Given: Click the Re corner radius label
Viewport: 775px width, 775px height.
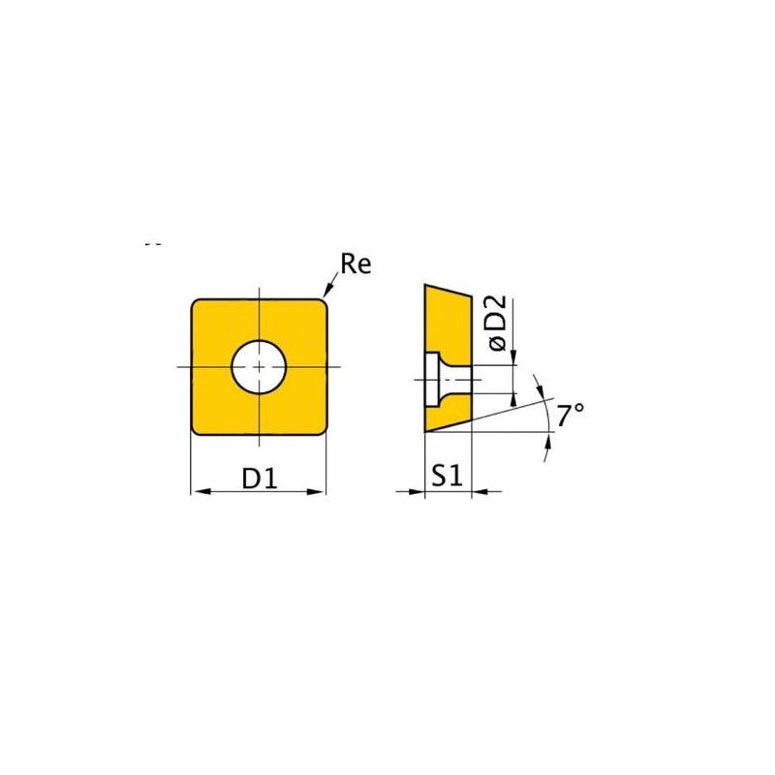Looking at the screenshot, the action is pyautogui.click(x=356, y=263).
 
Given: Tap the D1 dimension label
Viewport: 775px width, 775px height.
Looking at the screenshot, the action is pyautogui.click(x=260, y=478).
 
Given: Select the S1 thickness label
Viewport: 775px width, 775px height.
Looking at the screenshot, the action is pyautogui.click(x=448, y=476).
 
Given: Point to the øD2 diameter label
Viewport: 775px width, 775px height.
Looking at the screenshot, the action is pyautogui.click(x=498, y=323).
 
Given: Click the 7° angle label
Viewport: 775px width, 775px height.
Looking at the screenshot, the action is pyautogui.click(x=571, y=416).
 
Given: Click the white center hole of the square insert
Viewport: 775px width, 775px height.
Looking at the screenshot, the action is pyautogui.click(x=259, y=367).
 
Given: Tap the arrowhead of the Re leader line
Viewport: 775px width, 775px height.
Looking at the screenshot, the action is pyautogui.click(x=326, y=292).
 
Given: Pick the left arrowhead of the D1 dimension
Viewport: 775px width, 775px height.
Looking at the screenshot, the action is pyautogui.click(x=200, y=491).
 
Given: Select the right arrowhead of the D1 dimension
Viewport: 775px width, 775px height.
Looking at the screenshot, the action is pyautogui.click(x=317, y=491).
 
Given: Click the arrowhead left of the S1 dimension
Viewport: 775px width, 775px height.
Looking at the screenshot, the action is pyautogui.click(x=417, y=491).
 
